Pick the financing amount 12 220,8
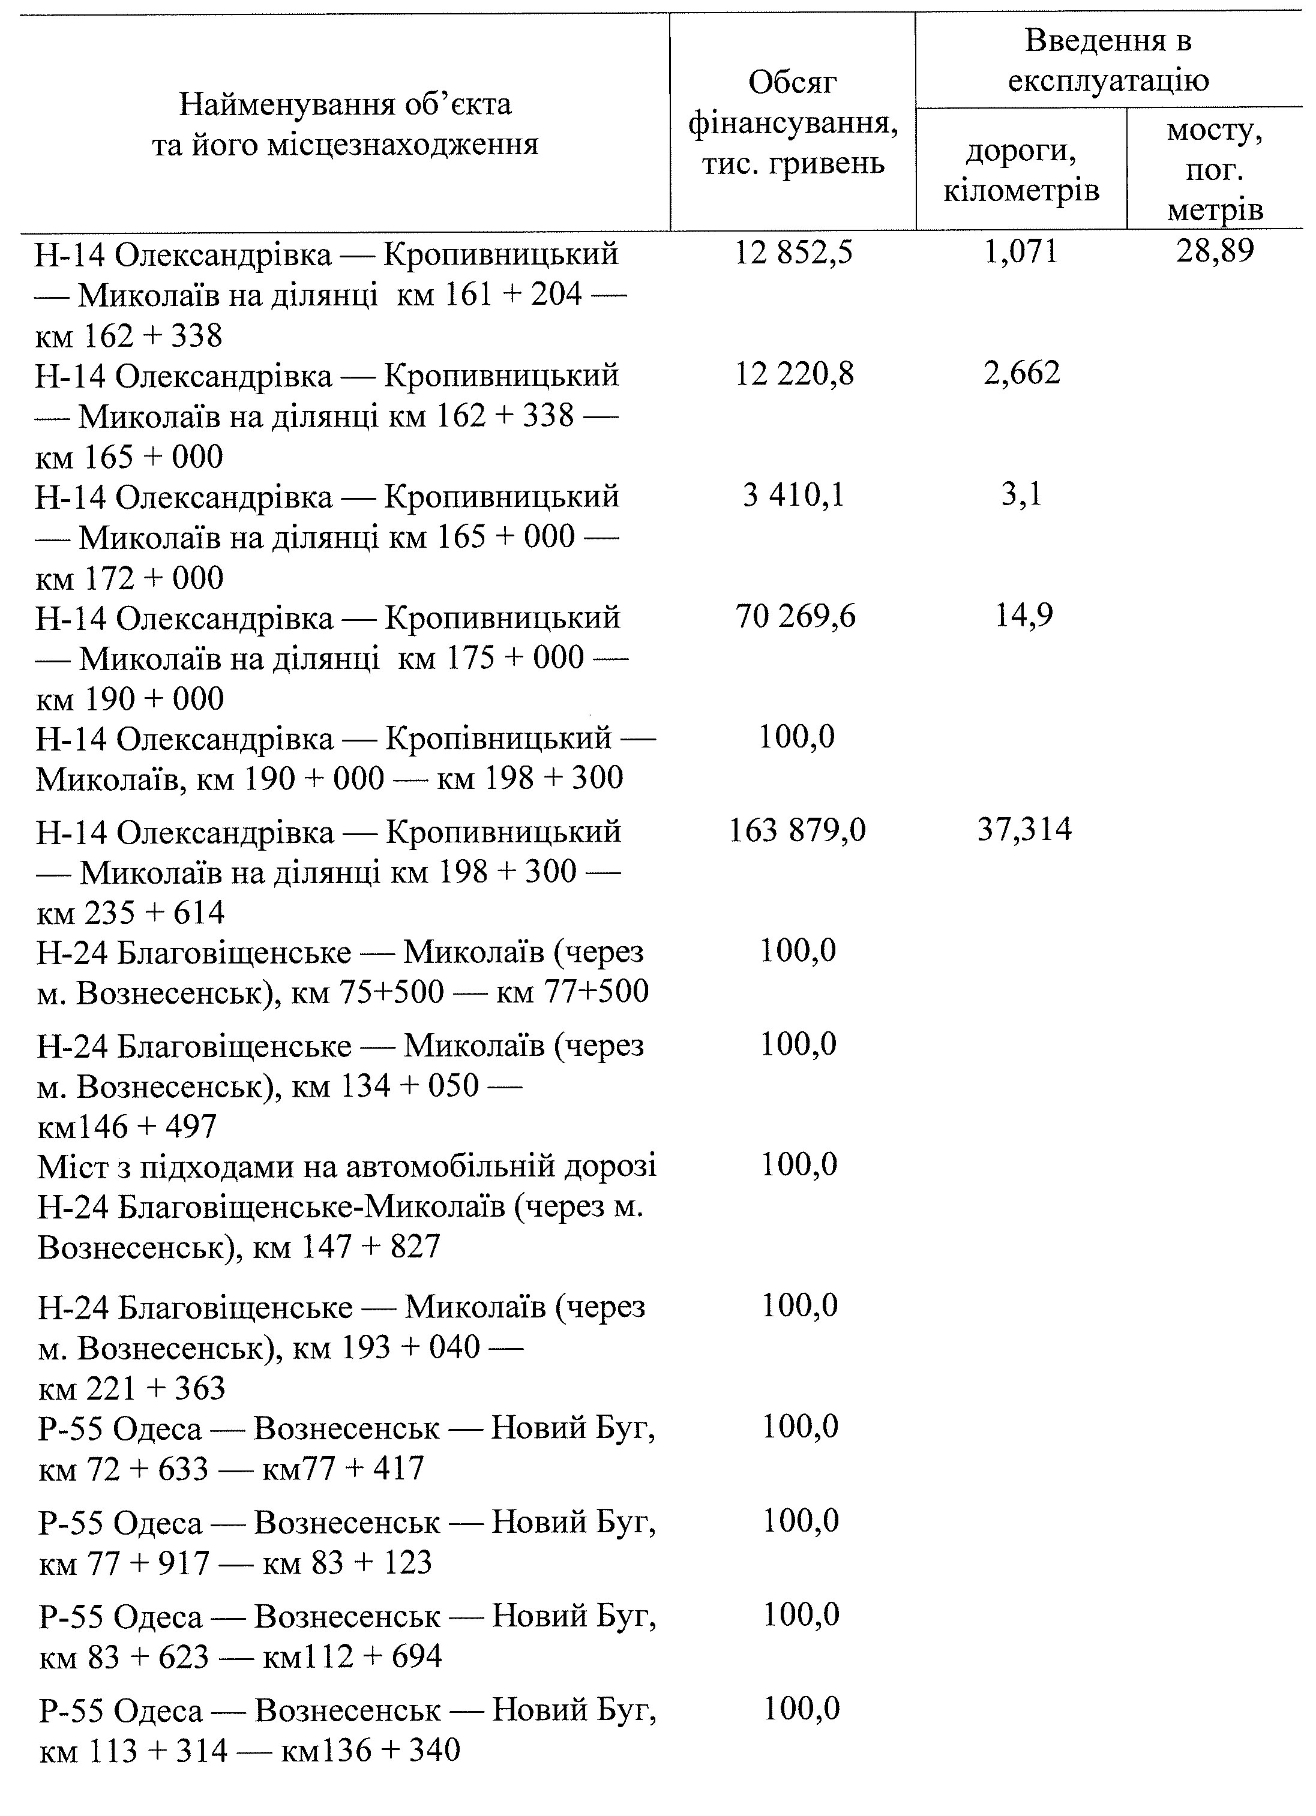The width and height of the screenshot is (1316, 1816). (794, 373)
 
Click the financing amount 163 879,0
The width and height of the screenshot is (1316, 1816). (796, 830)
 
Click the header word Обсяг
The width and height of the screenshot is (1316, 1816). (792, 81)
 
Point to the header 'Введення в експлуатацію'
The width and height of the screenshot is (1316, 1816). (1108, 60)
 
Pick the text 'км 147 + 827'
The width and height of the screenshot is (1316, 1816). (346, 1247)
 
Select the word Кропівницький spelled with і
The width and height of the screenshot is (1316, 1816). (498, 737)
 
